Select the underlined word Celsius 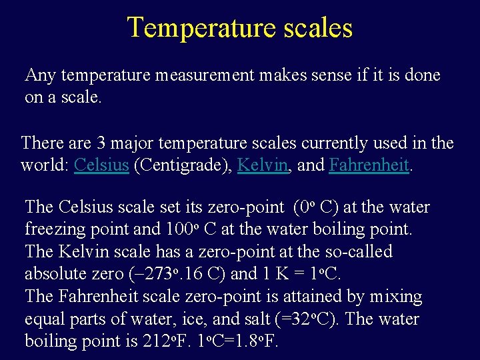pyautogui.click(x=101, y=165)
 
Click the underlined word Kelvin pyautogui.click(x=262, y=165)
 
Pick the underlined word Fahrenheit pyautogui.click(x=369, y=165)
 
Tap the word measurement pyautogui.click(x=204, y=75)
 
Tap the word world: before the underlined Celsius pyautogui.click(x=45, y=165)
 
